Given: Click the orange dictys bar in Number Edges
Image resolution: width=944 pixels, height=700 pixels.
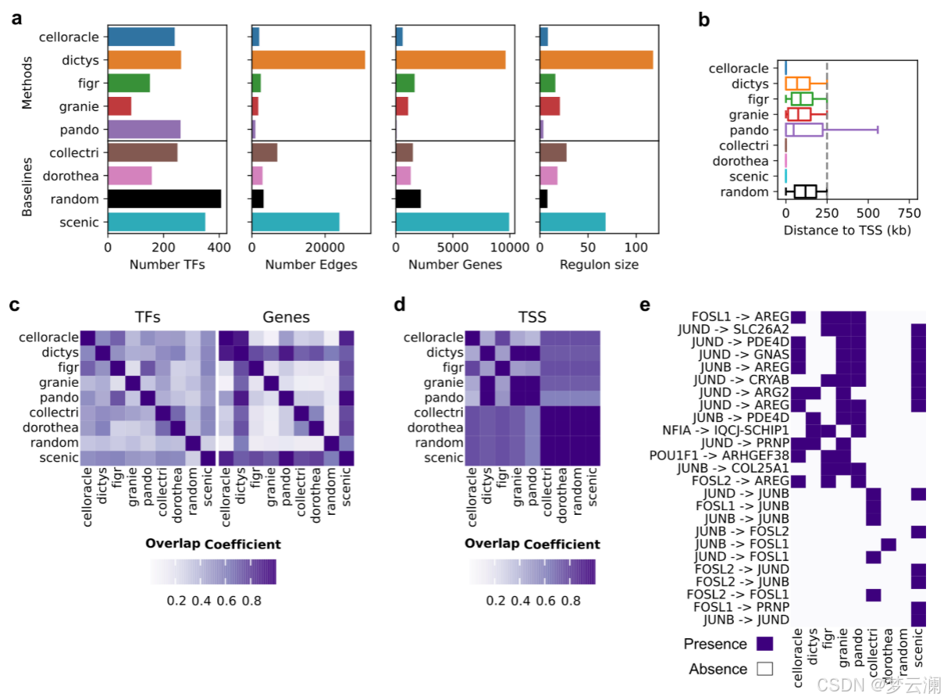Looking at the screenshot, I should point(308,59).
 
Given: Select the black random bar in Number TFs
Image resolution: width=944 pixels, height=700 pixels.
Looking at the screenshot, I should point(164,198).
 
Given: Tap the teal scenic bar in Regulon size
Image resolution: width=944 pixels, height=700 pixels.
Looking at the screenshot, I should point(572,222).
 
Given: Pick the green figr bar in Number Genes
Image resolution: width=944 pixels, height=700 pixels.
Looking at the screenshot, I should point(405,83).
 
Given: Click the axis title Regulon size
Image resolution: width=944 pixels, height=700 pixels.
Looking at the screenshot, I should point(599,265).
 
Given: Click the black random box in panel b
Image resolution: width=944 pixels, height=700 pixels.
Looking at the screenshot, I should point(805,192).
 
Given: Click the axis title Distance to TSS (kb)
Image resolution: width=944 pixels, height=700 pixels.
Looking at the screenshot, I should point(846,230).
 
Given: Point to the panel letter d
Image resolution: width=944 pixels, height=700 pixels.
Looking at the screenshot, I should point(400,305).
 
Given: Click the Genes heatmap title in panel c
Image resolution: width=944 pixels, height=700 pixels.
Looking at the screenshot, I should point(286,317).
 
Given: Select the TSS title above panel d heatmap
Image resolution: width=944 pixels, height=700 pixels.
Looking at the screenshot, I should point(532,317).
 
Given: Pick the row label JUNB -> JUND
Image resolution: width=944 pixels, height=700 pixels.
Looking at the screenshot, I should point(746,620).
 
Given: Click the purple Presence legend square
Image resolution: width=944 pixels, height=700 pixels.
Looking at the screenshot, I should point(764,644).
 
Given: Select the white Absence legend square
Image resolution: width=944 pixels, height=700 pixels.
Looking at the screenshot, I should point(764,670).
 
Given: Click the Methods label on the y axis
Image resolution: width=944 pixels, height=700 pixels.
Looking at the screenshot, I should point(27,82).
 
